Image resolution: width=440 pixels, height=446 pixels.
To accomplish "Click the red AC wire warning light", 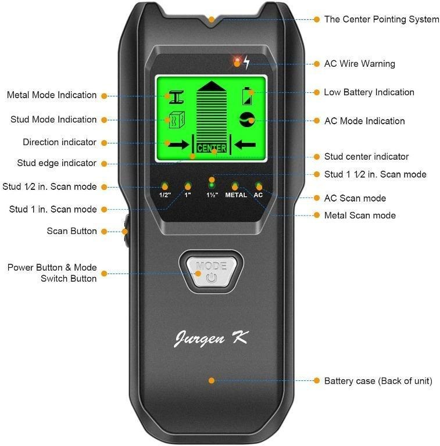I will [x=237, y=62].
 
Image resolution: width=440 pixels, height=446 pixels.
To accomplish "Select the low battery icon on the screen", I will [x=248, y=95].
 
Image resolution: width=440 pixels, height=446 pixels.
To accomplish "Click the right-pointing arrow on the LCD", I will [x=176, y=143].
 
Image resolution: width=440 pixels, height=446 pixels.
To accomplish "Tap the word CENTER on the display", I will [x=212, y=148].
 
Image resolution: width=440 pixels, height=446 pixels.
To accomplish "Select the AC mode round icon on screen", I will [x=248, y=120].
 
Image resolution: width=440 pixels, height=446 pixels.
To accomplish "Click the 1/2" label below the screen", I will [x=165, y=195].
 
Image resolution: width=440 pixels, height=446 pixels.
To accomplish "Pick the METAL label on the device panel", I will [x=236, y=195].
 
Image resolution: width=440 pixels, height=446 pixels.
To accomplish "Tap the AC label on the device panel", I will [x=258, y=195].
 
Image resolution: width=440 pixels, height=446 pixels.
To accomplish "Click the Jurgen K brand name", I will [x=212, y=338].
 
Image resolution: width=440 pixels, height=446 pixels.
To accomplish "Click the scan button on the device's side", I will [x=125, y=231].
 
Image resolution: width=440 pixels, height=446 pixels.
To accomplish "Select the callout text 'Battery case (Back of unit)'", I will [x=378, y=381].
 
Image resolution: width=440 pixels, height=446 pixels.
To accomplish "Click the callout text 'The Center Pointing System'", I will [x=381, y=19].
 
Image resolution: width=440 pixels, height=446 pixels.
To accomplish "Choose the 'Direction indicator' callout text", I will [x=60, y=142].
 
